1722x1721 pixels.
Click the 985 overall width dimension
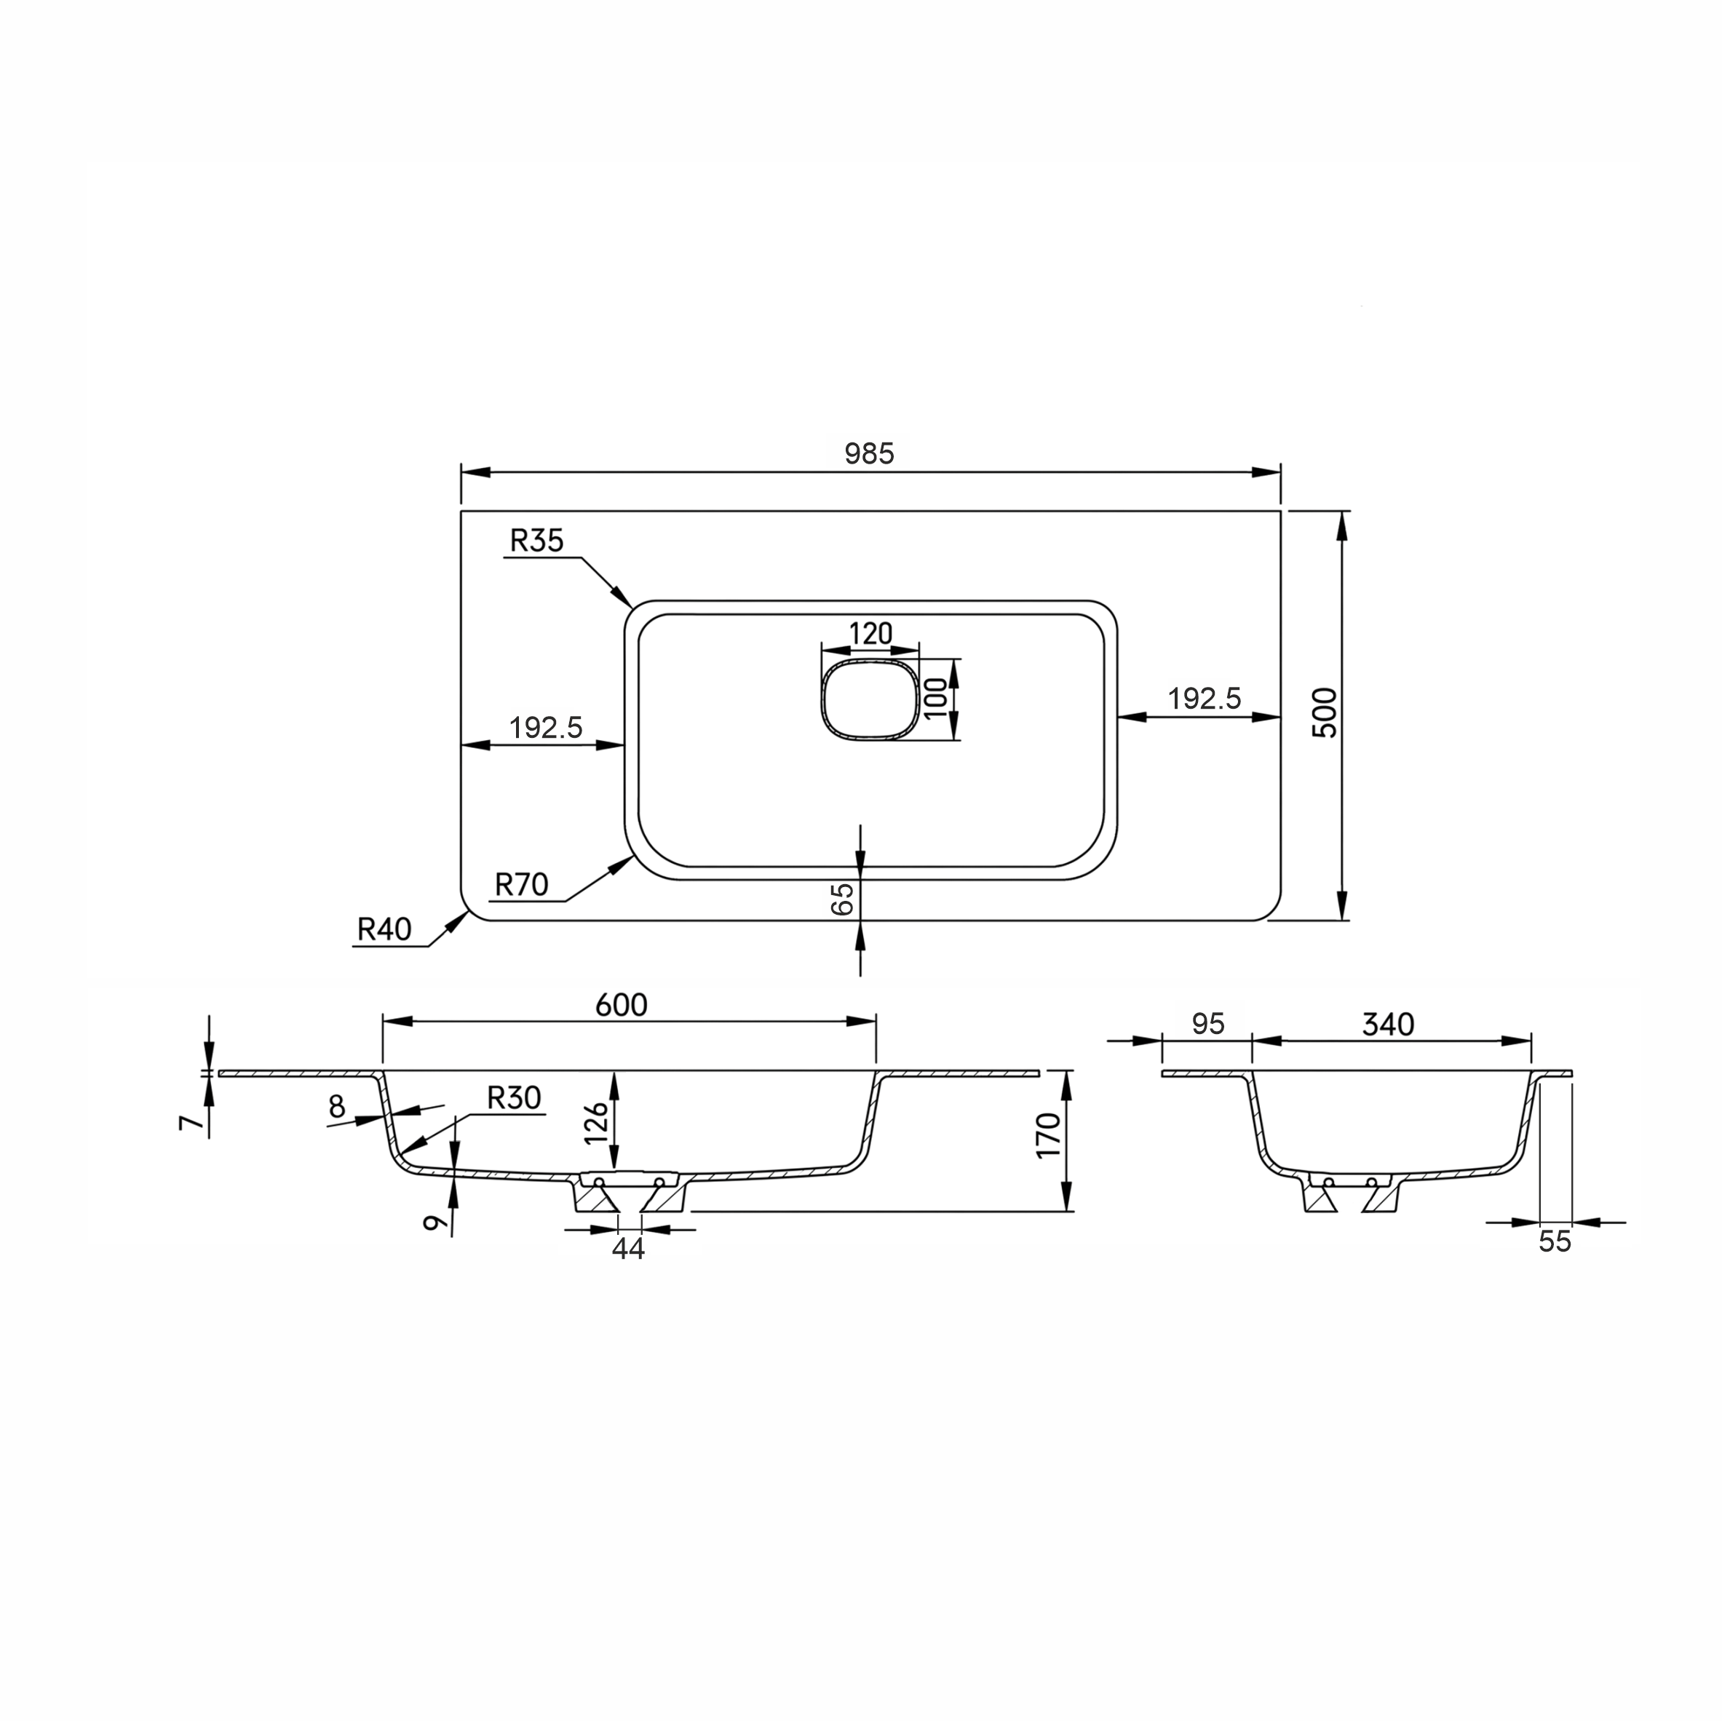(x=869, y=453)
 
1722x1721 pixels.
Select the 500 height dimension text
(x=1326, y=712)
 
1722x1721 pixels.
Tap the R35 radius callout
(x=536, y=540)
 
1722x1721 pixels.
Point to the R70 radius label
(x=521, y=884)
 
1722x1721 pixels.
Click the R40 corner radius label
(x=384, y=929)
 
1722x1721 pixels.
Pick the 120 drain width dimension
(x=870, y=634)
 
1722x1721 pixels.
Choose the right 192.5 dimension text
(x=1204, y=699)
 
